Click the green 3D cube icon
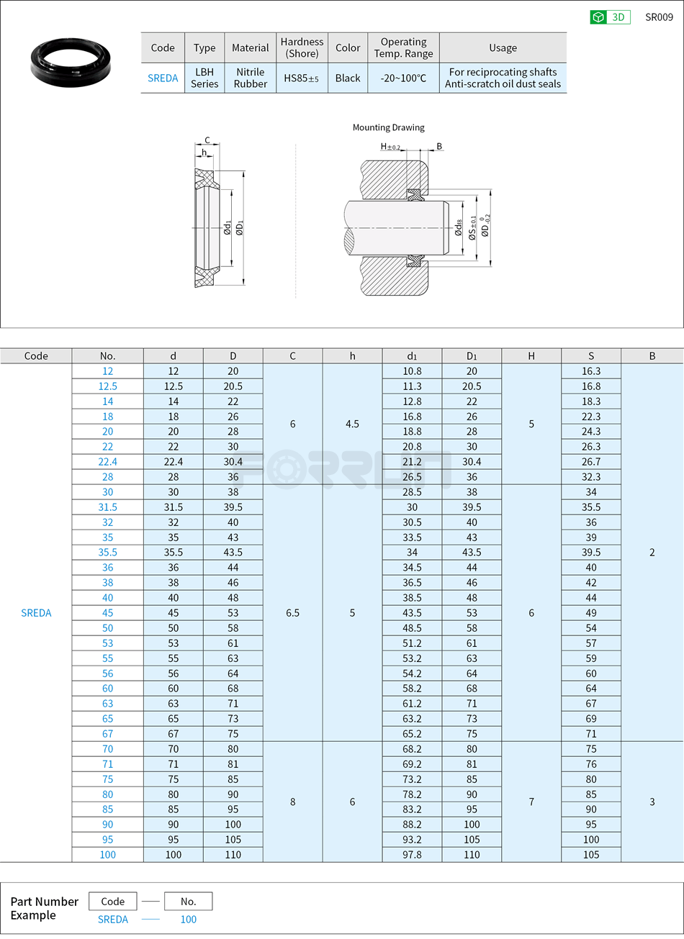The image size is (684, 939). pyautogui.click(x=598, y=17)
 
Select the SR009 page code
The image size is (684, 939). pyautogui.click(x=658, y=17)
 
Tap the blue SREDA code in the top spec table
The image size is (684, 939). pyautogui.click(x=163, y=78)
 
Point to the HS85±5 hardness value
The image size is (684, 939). pyautogui.click(x=301, y=78)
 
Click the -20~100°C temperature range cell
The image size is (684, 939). pyautogui.click(x=403, y=78)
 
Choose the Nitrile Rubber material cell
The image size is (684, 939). pyautogui.click(x=250, y=78)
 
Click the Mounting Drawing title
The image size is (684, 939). pyautogui.click(x=388, y=127)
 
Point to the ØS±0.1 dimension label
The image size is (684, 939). pyautogui.click(x=472, y=227)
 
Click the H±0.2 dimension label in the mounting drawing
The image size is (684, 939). pyautogui.click(x=390, y=147)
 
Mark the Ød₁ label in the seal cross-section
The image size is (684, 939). pyautogui.click(x=228, y=228)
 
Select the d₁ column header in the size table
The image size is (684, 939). pyautogui.click(x=412, y=356)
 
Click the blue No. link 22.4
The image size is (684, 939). pyautogui.click(x=107, y=462)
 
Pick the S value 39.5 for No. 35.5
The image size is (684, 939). pyautogui.click(x=590, y=553)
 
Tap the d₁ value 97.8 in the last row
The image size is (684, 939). pyautogui.click(x=412, y=855)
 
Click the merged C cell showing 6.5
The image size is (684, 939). pyautogui.click(x=292, y=613)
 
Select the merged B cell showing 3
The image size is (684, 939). pyautogui.click(x=652, y=802)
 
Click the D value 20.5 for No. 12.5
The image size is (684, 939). pyautogui.click(x=233, y=386)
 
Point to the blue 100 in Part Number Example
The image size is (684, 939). pyautogui.click(x=188, y=920)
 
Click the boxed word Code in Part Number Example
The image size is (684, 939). pyautogui.click(x=113, y=902)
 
